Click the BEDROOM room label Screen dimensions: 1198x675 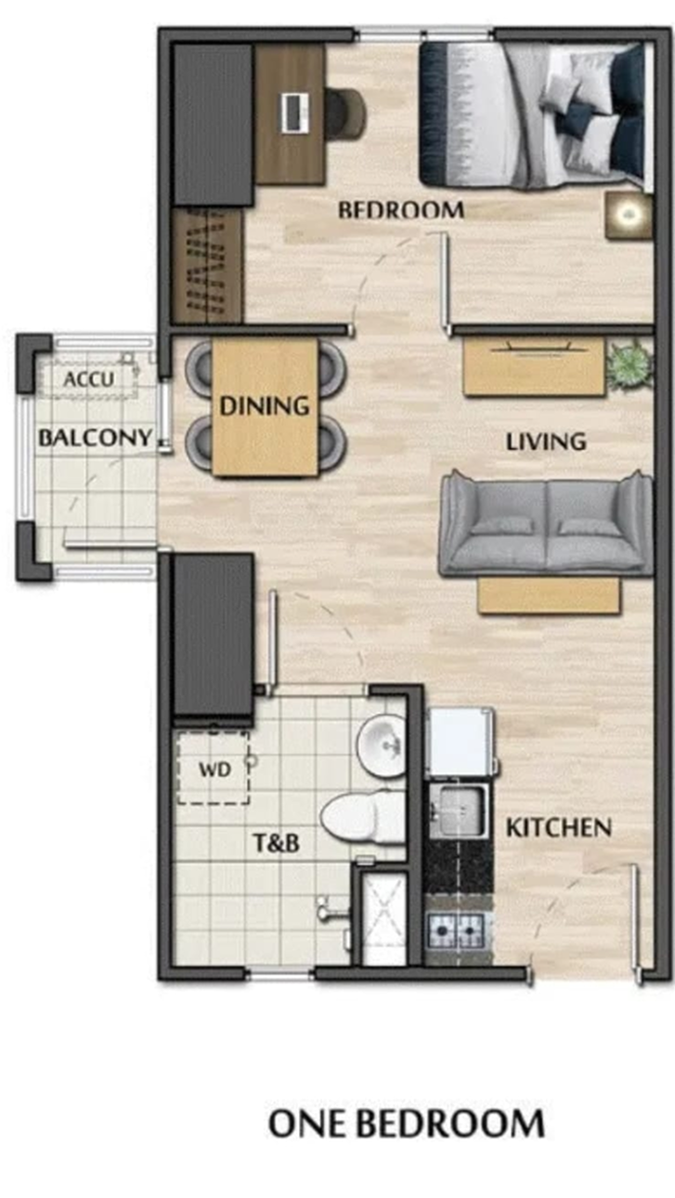[400, 210]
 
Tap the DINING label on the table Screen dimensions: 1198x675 [264, 406]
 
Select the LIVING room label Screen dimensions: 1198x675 [546, 441]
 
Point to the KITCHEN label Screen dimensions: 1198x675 [558, 827]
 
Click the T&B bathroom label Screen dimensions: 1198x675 [276, 844]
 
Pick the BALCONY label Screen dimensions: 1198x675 [94, 438]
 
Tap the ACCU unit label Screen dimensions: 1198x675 [89, 379]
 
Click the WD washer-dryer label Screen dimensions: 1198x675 [214, 770]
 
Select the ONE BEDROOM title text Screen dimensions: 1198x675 [406, 1124]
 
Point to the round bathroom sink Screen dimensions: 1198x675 [383, 744]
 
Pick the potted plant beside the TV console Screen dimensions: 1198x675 [629, 364]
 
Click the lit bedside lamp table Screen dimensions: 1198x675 [629, 216]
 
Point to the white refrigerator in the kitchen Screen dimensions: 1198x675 [459, 742]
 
